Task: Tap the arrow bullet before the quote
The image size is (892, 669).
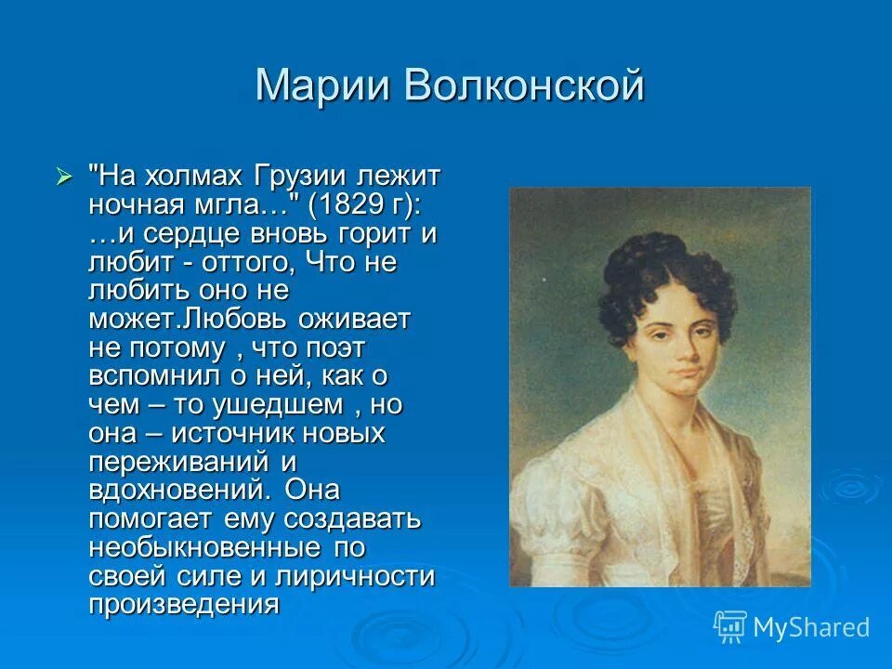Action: (64, 174)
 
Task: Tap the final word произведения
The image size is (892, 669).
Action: (184, 605)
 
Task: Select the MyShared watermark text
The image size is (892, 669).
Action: (812, 627)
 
